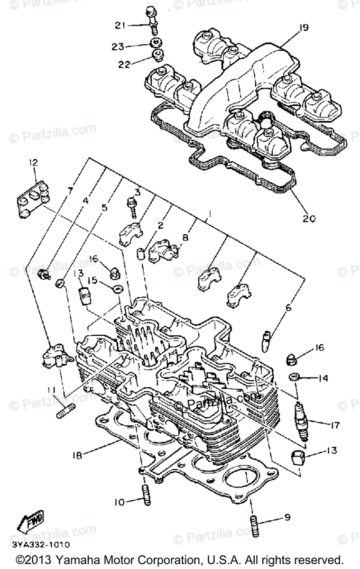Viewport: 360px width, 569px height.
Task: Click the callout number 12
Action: [x=33, y=163]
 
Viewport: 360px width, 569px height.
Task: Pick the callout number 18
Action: [x=77, y=455]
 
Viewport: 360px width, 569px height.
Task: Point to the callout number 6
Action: [x=288, y=308]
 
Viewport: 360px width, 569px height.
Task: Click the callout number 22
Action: [x=124, y=64]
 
